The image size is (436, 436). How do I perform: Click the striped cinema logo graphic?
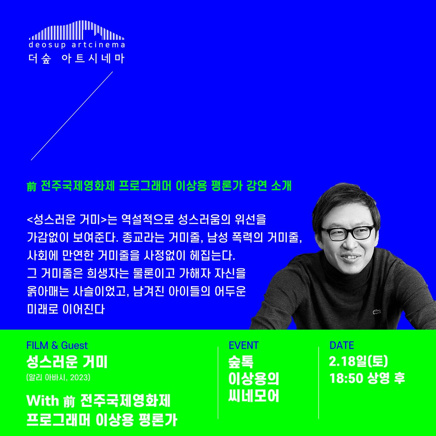[77, 31]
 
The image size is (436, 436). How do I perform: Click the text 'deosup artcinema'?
[77, 45]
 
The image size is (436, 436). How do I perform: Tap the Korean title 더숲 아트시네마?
[77, 58]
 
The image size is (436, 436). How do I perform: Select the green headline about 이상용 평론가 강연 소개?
[159, 186]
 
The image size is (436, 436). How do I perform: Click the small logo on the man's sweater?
[374, 311]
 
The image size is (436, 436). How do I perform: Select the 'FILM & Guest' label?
[57, 345]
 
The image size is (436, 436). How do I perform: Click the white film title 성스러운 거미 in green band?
[67, 362]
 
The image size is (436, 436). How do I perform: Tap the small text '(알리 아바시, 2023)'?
[58, 378]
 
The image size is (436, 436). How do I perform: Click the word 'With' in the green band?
[43, 401]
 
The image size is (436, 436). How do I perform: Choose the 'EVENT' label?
[244, 345]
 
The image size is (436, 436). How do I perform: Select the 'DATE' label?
[342, 345]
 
